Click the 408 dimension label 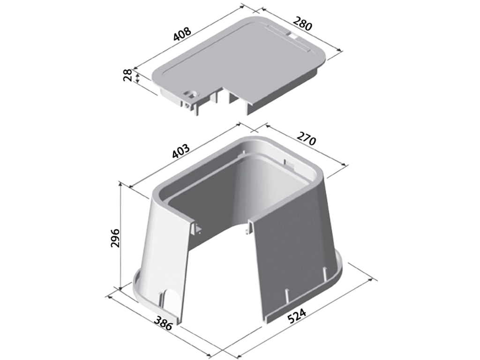[x=182, y=35]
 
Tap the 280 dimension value [x=302, y=23]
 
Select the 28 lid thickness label [x=127, y=75]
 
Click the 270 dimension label [x=306, y=138]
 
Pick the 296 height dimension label [x=115, y=238]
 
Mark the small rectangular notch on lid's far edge [x=293, y=36]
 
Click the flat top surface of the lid [x=239, y=60]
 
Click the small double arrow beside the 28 [x=137, y=78]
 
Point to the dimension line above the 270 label [x=307, y=145]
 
